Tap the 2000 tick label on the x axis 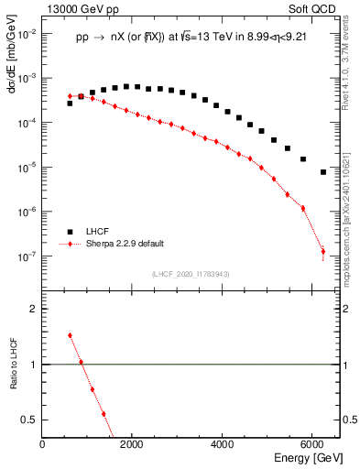click(x=133, y=444)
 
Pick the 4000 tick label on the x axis click(x=223, y=444)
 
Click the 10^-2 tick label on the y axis click(x=26, y=33)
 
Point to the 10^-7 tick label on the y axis click(x=26, y=256)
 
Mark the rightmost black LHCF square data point click(x=323, y=171)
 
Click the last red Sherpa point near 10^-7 click(x=323, y=251)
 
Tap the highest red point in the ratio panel click(x=70, y=335)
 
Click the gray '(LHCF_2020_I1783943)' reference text click(x=191, y=274)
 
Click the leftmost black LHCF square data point click(x=70, y=104)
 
